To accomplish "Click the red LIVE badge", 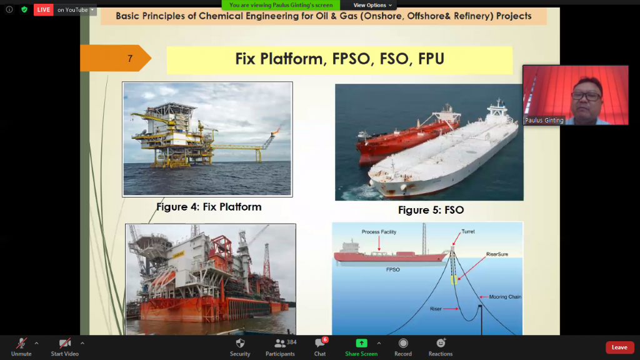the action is click(43, 10).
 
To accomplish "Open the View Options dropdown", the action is click(372, 5).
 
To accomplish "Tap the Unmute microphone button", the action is click(21, 347).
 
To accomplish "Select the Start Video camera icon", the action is click(64, 347).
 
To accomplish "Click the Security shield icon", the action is click(240, 343).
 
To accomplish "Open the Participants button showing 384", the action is click(281, 347).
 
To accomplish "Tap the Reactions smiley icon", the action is click(441, 343).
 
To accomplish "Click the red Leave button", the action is click(619, 347).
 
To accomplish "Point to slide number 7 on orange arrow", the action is click(130, 59).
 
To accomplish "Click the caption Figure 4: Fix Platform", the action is click(209, 207).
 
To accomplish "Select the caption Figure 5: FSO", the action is click(431, 210).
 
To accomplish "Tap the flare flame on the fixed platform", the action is click(276, 131).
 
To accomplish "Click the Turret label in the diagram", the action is click(468, 231).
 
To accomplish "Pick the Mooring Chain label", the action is click(505, 297).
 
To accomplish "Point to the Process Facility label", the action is click(379, 232).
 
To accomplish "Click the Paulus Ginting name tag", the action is click(544, 121).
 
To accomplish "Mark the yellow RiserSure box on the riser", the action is click(454, 279).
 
